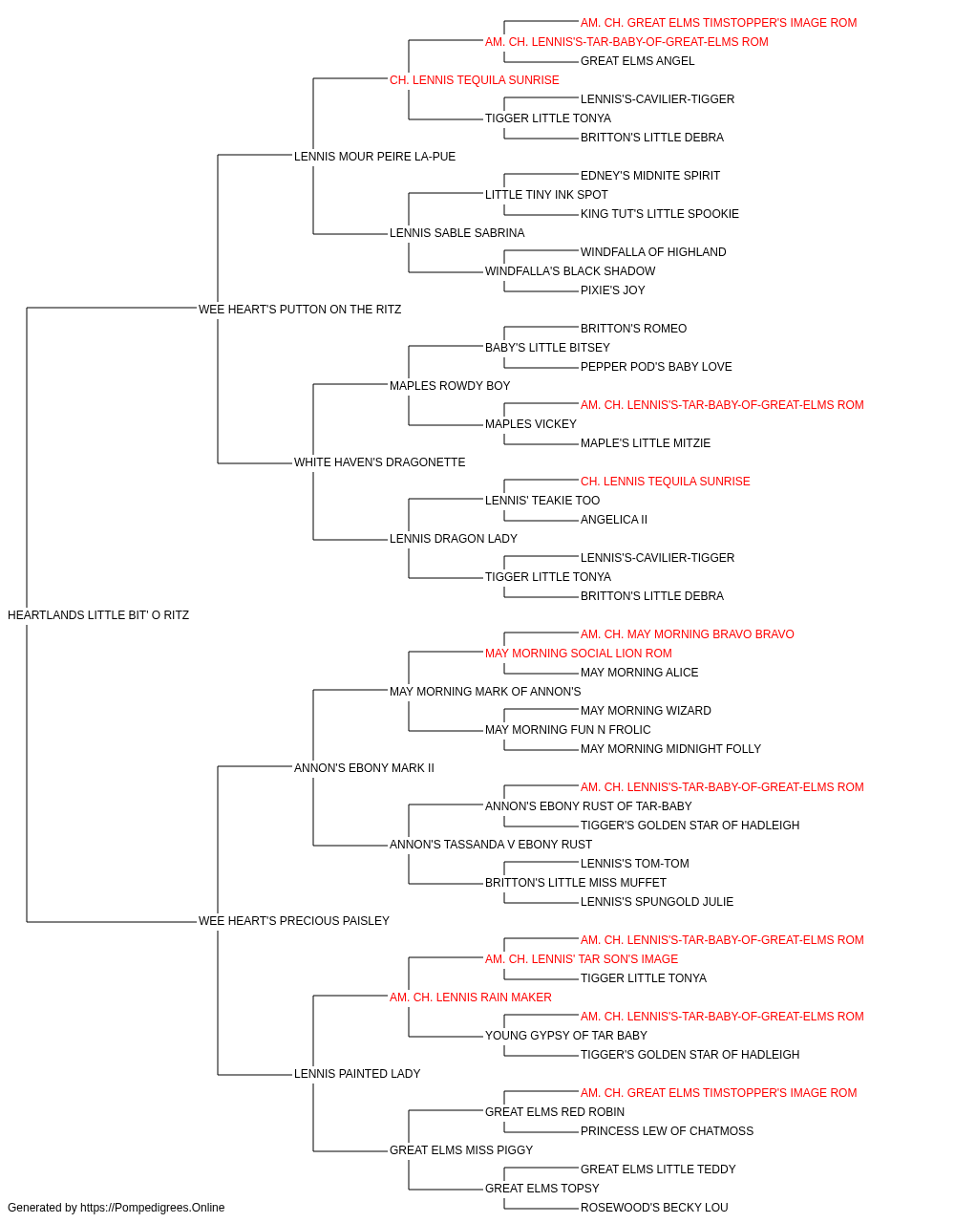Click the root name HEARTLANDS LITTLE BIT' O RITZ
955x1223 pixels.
(x=98, y=615)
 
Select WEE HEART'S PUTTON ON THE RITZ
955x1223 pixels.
(x=300, y=310)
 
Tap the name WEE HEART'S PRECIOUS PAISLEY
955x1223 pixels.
(x=293, y=921)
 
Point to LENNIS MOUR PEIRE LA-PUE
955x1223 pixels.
(x=374, y=157)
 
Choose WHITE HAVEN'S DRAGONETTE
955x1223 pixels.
(x=380, y=462)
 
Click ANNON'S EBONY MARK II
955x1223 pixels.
(x=364, y=768)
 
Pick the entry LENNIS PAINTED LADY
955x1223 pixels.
(x=357, y=1074)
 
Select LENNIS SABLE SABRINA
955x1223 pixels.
(x=456, y=233)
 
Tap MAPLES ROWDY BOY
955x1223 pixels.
(x=450, y=386)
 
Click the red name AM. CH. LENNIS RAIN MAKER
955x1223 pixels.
(x=470, y=998)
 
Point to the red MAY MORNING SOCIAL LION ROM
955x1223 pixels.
(x=578, y=654)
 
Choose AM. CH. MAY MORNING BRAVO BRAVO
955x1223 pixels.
(x=688, y=634)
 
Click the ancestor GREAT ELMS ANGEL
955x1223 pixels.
(x=637, y=61)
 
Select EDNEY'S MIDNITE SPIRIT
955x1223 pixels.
(x=650, y=176)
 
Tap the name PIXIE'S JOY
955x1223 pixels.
(x=612, y=290)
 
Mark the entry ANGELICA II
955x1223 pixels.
(x=614, y=520)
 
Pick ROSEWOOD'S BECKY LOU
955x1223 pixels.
(x=654, y=1208)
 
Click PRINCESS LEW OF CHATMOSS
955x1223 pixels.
(x=667, y=1131)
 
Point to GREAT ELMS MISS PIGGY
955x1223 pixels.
(x=461, y=1150)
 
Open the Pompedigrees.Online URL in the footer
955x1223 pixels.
(x=152, y=1208)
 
